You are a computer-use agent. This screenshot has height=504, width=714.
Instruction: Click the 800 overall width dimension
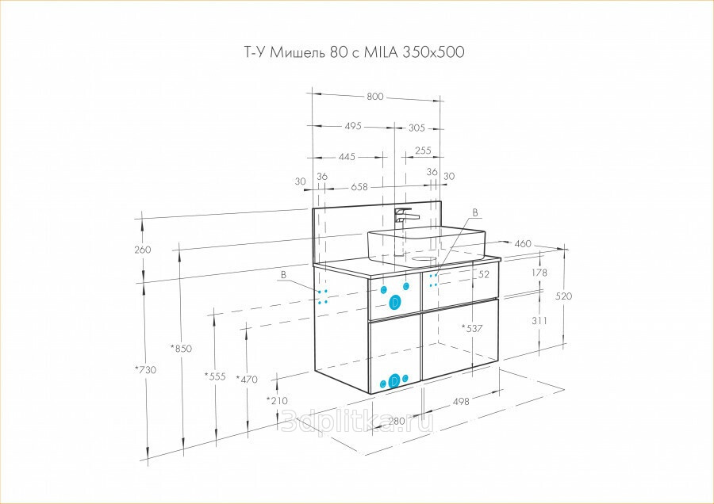pos(374,97)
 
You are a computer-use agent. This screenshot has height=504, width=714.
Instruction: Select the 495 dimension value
pos(353,125)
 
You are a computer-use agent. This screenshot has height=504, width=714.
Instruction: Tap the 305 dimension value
pos(416,128)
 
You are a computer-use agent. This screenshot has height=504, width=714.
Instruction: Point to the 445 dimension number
pos(347,157)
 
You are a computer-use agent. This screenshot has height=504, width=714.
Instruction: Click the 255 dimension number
pos(423,151)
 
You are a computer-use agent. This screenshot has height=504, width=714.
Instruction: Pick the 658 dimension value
pos(359,187)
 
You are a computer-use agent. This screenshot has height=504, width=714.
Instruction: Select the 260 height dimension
pos(143,250)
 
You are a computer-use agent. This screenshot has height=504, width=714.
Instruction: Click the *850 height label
pos(181,349)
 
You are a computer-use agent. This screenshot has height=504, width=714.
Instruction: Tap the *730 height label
pos(145,370)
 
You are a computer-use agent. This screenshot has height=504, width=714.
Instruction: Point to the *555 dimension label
pos(215,376)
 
